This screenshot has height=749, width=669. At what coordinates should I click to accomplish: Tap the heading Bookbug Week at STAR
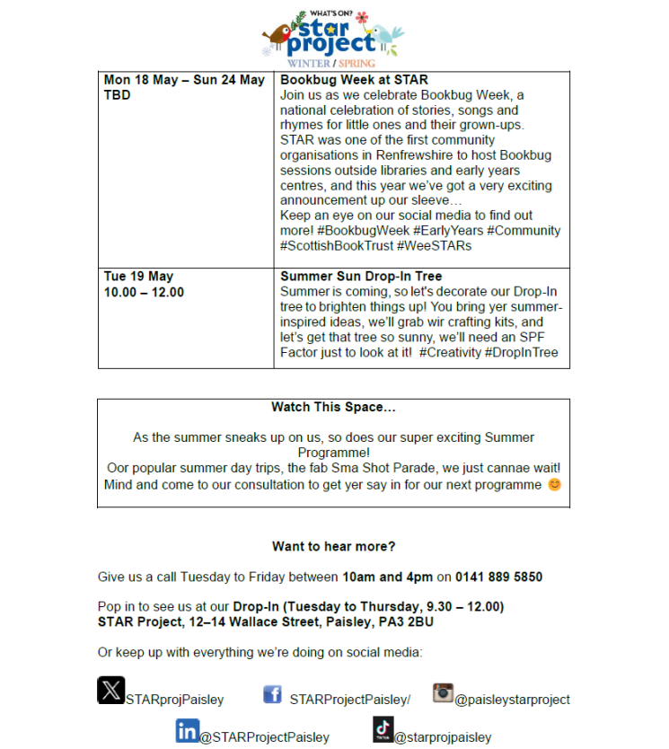354,80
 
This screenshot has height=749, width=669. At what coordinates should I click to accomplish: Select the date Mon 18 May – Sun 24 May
184,80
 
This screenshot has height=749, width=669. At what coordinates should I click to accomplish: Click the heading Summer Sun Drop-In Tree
361,277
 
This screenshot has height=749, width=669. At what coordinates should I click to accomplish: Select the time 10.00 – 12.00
144,292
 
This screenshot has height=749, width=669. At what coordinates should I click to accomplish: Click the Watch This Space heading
333,407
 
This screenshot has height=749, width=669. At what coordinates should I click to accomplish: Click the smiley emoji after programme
554,485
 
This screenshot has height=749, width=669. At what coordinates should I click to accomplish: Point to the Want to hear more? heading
333,546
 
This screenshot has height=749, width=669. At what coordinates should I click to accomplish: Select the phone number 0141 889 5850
498,577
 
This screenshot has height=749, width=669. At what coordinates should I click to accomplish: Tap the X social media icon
110,690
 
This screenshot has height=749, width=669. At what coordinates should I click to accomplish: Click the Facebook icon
272,694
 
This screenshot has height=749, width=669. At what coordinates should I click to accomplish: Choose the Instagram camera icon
442,692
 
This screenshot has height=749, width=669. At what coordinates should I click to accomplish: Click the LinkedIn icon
187,730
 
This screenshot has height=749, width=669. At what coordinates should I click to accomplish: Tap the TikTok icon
383,729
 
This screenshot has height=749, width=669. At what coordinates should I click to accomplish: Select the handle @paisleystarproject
512,699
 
